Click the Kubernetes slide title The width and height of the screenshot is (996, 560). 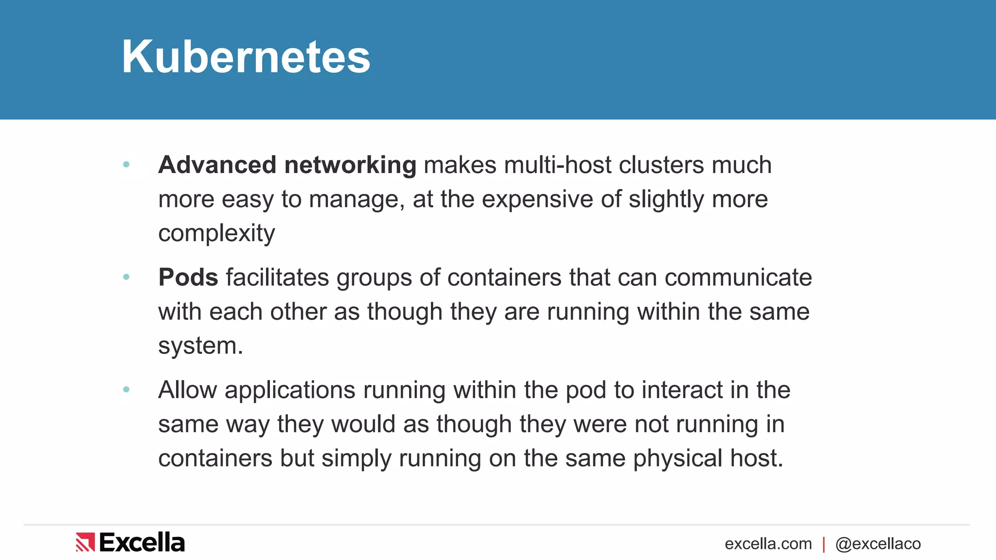[246, 57]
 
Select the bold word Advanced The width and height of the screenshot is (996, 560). [217, 165]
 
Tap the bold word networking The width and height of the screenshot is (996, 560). [350, 165]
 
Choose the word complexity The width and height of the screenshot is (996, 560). [216, 234]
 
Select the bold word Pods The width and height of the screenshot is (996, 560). [188, 278]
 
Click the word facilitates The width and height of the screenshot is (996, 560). [277, 278]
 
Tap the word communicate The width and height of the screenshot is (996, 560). [738, 278]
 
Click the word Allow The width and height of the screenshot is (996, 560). [187, 390]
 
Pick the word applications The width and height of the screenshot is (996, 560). [290, 390]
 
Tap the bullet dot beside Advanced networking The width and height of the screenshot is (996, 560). [126, 165]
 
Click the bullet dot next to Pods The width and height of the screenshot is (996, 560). [126, 277]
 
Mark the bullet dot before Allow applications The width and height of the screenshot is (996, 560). [126, 389]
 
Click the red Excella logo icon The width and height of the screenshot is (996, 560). [85, 542]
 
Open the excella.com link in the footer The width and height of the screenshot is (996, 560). [768, 543]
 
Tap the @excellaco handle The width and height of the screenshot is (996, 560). [878, 543]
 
